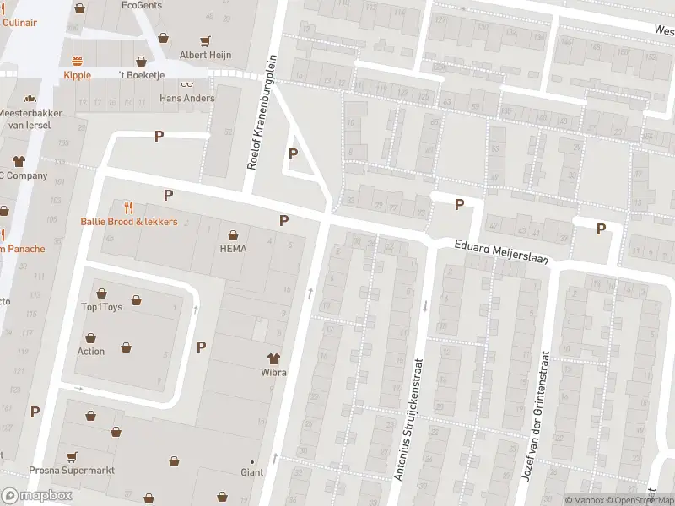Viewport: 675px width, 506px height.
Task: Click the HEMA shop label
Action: (x=233, y=249)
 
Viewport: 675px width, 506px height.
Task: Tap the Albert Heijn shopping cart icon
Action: (x=205, y=40)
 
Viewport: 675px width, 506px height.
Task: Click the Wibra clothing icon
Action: (x=273, y=358)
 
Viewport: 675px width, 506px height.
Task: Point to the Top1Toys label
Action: (x=101, y=307)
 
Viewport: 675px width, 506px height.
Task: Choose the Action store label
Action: (x=91, y=352)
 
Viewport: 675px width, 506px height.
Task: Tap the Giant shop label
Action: (x=252, y=472)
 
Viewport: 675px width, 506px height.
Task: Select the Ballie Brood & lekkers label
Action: (x=129, y=222)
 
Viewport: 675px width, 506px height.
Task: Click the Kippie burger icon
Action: (x=78, y=60)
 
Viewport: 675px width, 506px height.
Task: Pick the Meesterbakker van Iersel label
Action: (x=24, y=118)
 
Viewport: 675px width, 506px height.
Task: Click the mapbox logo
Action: (x=37, y=496)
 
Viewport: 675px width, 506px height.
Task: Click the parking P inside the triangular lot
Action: (x=293, y=153)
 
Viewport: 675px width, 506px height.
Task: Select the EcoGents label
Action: (x=141, y=5)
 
